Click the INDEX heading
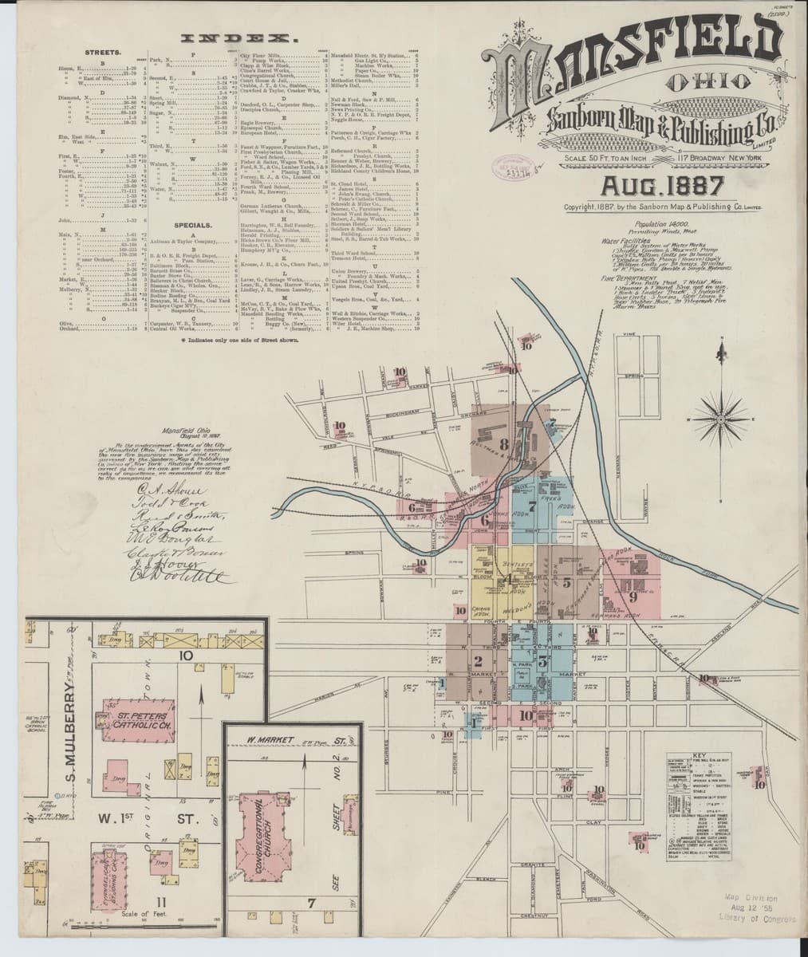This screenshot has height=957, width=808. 238,38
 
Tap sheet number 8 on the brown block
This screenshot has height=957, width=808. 503,443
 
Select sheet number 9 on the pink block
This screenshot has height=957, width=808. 633,595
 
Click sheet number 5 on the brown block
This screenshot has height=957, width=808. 566,581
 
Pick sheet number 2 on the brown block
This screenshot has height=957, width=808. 478,660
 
